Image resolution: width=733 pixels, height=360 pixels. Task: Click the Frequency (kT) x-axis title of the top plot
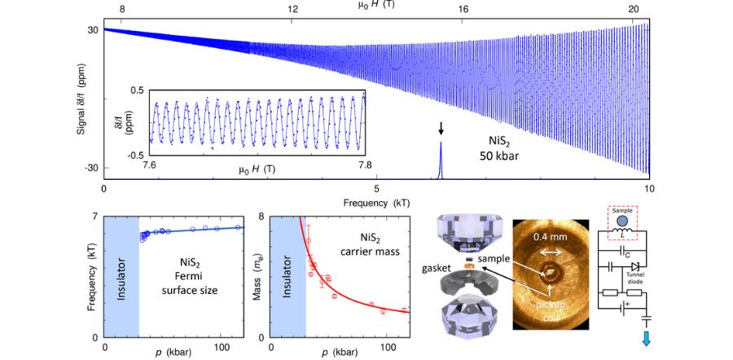pos(378,200)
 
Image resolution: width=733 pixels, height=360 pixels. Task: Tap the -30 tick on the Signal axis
pos(89,168)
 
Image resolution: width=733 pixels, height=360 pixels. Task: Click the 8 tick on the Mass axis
pos(261,217)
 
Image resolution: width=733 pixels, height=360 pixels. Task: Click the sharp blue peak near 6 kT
pos(441,158)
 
